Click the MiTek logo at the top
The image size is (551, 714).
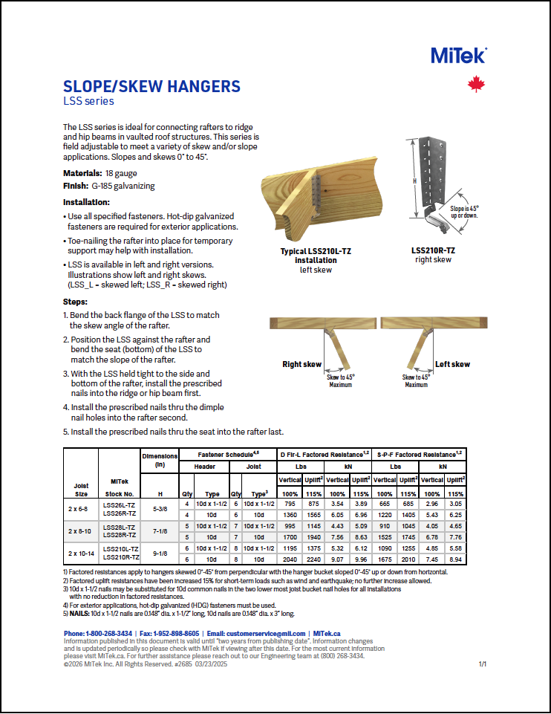[x=458, y=55]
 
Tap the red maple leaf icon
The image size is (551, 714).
[x=476, y=85]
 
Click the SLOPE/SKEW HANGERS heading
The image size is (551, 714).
[x=151, y=86]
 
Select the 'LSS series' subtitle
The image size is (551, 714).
[x=88, y=101]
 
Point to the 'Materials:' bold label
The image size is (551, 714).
[x=82, y=172]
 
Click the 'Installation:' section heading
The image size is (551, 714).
[x=86, y=202]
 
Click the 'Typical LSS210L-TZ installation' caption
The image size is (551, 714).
[x=316, y=256]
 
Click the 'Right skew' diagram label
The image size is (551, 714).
[x=301, y=365]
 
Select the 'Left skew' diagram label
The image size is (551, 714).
[x=452, y=365]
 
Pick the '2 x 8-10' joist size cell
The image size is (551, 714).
[x=81, y=532]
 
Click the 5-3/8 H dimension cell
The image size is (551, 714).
[x=159, y=508]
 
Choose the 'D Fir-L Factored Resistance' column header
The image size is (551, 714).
[x=324, y=453]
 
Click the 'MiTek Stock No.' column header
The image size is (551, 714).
[x=120, y=487]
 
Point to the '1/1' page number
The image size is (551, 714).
[x=482, y=663]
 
